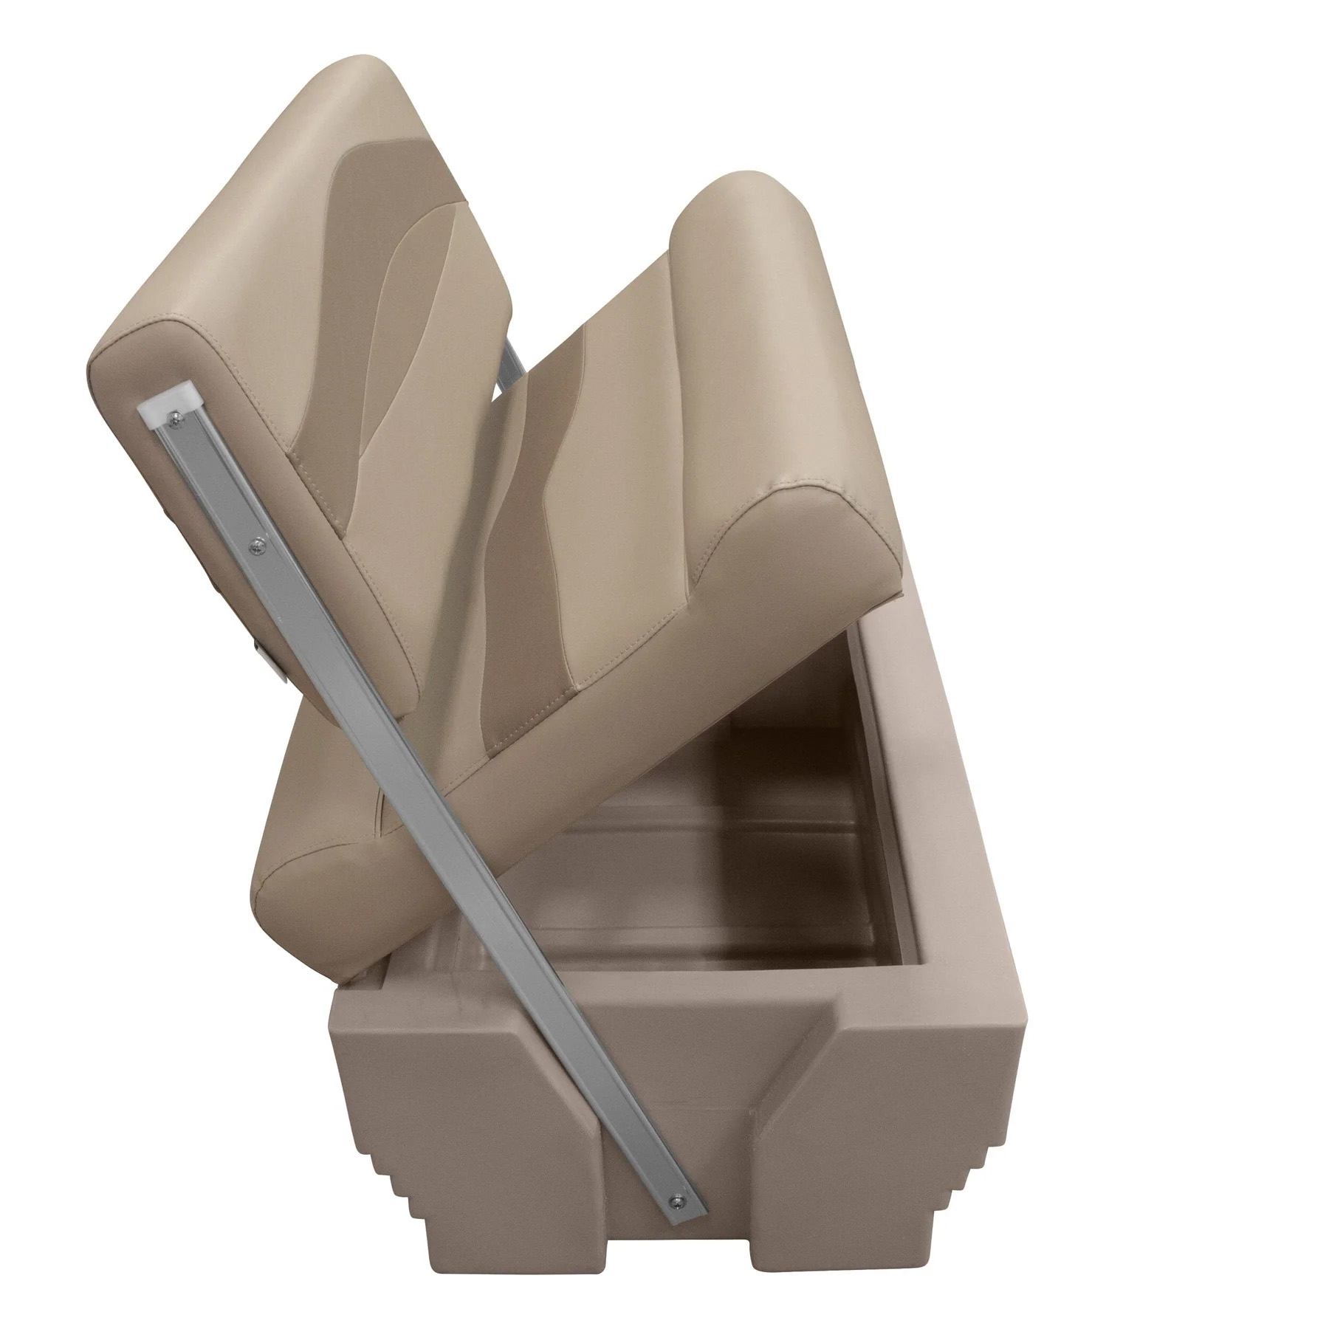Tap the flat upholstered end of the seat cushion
797,532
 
